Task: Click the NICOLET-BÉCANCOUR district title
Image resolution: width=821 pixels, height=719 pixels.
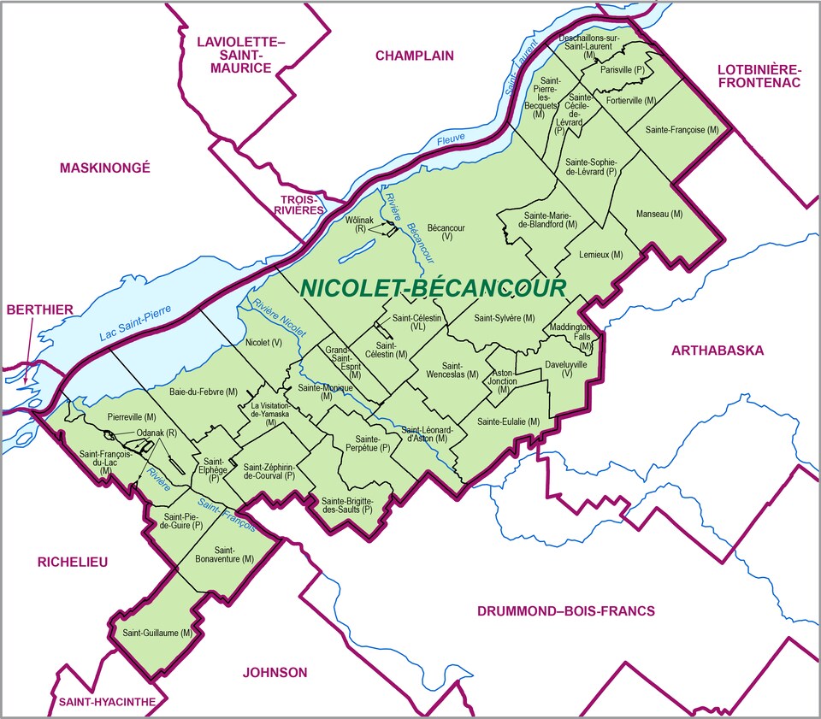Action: click(x=433, y=288)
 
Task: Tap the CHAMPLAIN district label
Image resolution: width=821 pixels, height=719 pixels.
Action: click(x=414, y=56)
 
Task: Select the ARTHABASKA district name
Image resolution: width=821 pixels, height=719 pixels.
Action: click(x=717, y=350)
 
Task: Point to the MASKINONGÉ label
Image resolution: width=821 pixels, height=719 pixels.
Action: click(x=104, y=168)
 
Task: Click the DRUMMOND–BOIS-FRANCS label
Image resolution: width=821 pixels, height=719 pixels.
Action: click(x=564, y=610)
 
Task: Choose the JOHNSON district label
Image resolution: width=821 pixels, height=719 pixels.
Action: click(x=275, y=672)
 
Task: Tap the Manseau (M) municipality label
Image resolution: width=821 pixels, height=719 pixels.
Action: click(x=659, y=213)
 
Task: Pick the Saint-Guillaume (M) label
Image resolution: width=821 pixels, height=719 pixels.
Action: click(x=156, y=633)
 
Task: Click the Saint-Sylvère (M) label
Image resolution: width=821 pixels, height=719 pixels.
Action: click(x=504, y=318)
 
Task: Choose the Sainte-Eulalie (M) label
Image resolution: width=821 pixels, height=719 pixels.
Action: click(x=508, y=421)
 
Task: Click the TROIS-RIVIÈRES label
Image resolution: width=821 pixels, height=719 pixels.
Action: click(x=297, y=203)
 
